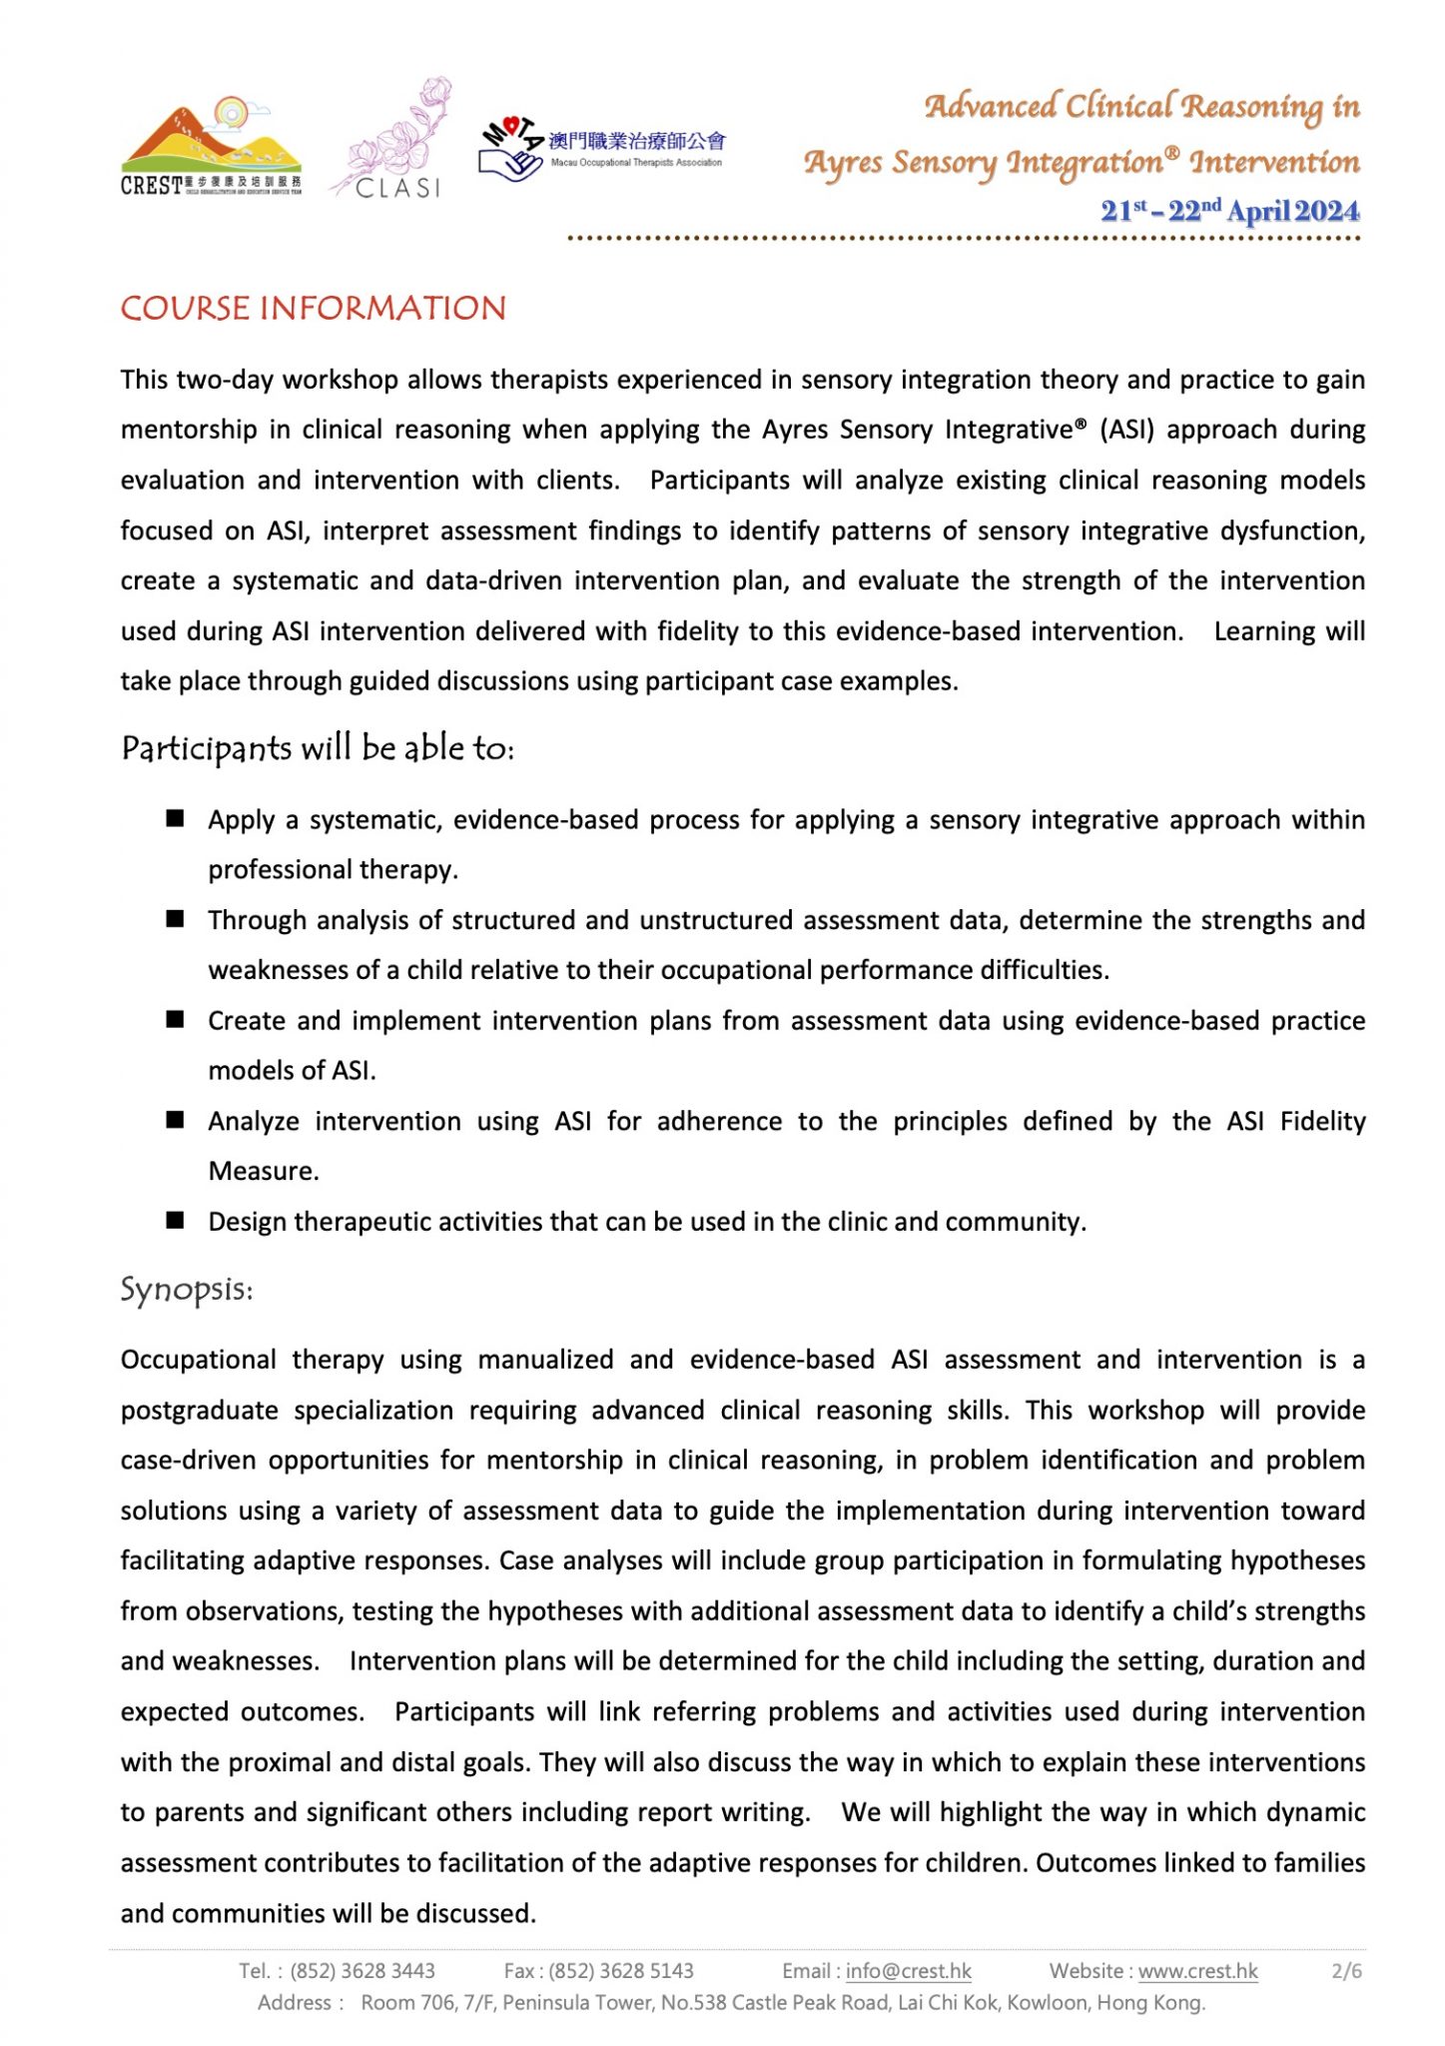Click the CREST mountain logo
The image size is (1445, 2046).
pos(211,146)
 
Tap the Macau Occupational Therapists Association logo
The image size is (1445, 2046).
pos(601,149)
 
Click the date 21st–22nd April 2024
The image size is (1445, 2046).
pos(1229,211)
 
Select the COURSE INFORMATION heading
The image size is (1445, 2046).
pos(314,308)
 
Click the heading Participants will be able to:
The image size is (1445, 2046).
pos(318,747)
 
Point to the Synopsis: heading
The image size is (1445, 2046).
pos(187,1289)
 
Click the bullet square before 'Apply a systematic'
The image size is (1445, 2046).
pos(175,818)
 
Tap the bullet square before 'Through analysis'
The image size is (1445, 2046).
pos(175,919)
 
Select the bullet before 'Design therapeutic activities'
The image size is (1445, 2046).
pos(175,1221)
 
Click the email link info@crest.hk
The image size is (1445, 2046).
pos(908,1970)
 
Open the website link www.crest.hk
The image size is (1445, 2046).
pos(1197,1970)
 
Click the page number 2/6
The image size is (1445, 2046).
pos(1346,1970)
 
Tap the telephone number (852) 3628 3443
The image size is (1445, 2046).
pos(362,1970)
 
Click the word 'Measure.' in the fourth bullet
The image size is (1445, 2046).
pos(264,1171)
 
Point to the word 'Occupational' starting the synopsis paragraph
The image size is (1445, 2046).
pos(198,1360)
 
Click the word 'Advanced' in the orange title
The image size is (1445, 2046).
pos(991,106)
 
